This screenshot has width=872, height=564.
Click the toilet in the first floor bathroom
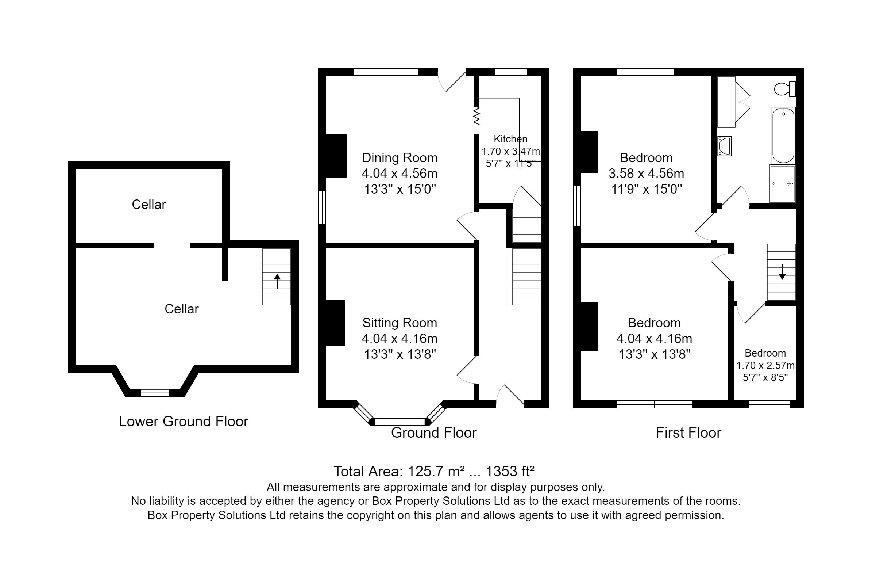(x=785, y=89)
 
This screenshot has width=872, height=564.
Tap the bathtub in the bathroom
(x=783, y=136)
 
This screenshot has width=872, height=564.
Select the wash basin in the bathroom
(x=724, y=146)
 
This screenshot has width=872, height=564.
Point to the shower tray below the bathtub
(x=782, y=183)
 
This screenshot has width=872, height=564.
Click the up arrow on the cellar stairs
(x=277, y=281)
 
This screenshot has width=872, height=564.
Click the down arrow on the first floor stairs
(x=782, y=272)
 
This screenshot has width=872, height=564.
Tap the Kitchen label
(x=511, y=139)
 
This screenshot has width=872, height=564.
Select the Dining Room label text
(x=400, y=158)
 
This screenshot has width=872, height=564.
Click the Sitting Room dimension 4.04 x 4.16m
(x=400, y=338)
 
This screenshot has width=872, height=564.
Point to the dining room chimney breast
(x=336, y=156)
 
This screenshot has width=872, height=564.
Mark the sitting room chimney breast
(x=335, y=323)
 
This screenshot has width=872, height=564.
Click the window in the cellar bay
(x=155, y=393)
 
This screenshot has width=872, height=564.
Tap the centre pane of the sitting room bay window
(x=400, y=422)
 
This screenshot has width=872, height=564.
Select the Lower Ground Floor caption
(x=183, y=422)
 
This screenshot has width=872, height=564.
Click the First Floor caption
(x=688, y=433)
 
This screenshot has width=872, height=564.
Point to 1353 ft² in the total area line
(x=510, y=471)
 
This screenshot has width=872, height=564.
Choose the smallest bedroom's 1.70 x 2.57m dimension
(x=765, y=366)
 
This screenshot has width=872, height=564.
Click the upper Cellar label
(x=148, y=204)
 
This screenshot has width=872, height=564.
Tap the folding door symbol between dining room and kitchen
(x=476, y=116)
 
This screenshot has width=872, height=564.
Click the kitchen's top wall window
(x=511, y=72)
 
